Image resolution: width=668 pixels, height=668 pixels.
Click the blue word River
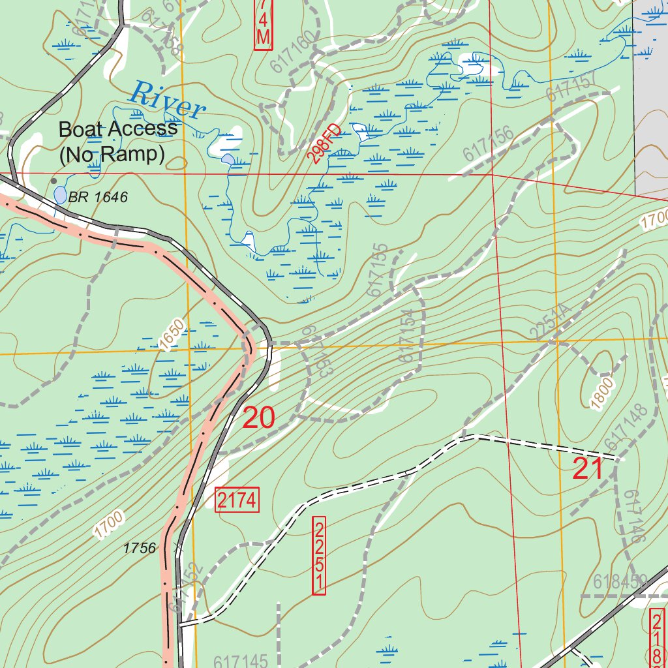[168, 99]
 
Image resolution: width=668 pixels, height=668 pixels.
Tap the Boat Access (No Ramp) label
[117, 141]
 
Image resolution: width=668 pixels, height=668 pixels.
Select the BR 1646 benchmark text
[98, 197]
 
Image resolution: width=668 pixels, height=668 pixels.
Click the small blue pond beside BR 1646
[60, 194]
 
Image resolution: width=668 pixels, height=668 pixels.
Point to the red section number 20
[258, 418]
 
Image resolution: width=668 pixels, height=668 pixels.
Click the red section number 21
[588, 469]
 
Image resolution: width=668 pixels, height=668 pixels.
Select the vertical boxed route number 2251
[319, 556]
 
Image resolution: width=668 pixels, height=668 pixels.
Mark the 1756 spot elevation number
[140, 548]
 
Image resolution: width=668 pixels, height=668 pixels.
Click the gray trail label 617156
[489, 144]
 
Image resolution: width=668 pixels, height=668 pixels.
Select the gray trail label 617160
[294, 52]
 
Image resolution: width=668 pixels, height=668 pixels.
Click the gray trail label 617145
[241, 661]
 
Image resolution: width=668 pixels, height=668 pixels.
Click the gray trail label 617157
[572, 85]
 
